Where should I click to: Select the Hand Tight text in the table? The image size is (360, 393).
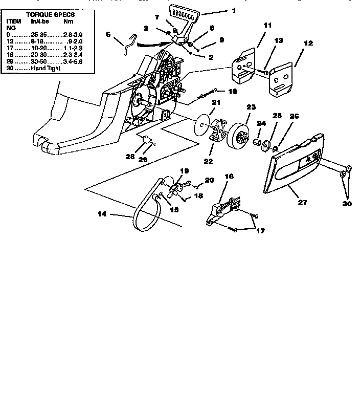(x=46, y=68)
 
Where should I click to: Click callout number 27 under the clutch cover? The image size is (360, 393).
(x=302, y=203)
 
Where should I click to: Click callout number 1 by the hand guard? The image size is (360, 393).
(x=234, y=10)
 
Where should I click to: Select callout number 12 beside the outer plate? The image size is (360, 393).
(x=308, y=44)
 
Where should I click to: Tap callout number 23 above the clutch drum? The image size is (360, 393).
(x=250, y=107)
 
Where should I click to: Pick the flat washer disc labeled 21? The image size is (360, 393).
(x=202, y=124)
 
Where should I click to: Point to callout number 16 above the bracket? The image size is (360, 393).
(x=230, y=176)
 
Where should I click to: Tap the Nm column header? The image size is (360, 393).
(x=68, y=22)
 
